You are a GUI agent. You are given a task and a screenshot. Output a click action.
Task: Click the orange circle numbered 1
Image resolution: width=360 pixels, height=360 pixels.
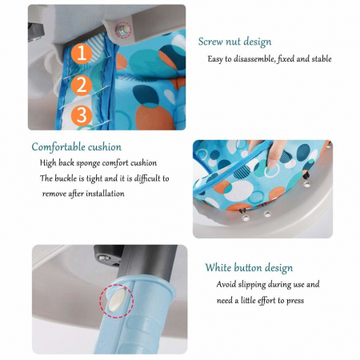[82, 54]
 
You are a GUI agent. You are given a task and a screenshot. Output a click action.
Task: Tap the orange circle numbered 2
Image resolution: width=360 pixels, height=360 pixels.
[82, 85]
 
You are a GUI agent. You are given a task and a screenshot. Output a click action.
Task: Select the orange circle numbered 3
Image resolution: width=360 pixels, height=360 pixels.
[82, 115]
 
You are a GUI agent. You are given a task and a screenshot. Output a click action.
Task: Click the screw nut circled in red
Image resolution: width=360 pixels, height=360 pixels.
[123, 30]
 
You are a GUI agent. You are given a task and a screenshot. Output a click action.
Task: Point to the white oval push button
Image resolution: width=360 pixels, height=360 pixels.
[117, 301]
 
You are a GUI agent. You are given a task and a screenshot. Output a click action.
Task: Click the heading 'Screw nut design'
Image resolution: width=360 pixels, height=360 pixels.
[234, 42]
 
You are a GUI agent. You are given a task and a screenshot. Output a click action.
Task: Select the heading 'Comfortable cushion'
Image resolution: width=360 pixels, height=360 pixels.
[77, 147]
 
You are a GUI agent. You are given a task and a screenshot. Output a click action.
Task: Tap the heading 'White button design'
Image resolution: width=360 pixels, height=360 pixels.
[249, 267]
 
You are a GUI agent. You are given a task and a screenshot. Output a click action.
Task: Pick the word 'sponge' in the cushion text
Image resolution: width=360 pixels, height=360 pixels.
[88, 163]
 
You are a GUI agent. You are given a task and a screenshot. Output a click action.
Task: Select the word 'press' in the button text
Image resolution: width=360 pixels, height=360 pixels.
[295, 301]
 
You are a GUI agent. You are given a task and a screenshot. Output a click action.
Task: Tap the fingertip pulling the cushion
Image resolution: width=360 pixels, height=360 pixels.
[272, 162]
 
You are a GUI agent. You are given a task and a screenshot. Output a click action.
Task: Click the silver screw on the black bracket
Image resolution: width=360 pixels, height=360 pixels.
[104, 258]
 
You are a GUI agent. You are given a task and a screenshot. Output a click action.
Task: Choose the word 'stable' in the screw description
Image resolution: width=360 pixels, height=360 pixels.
[322, 58]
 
